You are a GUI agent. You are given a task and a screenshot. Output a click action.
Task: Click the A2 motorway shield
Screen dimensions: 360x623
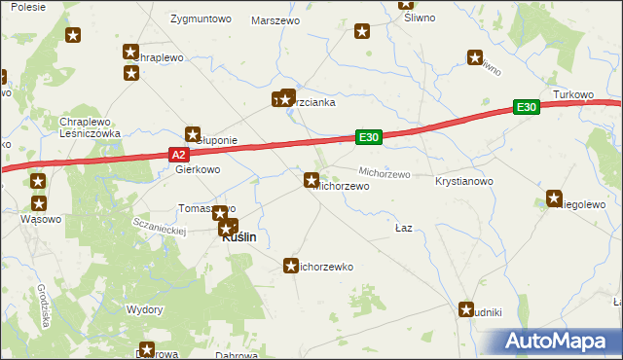[x=177, y=154]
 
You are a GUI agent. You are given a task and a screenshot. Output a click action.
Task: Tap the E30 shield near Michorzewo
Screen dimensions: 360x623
[x=368, y=138]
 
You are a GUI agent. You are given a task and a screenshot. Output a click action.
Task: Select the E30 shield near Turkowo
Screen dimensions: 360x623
[x=527, y=107]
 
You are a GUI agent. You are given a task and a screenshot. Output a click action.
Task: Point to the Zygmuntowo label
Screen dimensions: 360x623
[x=201, y=18]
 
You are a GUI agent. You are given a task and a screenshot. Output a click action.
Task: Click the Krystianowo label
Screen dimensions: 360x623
[x=465, y=182]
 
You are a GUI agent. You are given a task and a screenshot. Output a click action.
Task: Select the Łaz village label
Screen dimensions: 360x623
[x=404, y=228]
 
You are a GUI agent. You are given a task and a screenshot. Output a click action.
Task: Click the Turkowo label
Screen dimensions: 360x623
[x=573, y=94]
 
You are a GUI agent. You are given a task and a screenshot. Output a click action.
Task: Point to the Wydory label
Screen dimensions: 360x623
[x=144, y=308]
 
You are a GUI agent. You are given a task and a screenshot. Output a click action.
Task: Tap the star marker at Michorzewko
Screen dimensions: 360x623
[x=290, y=265]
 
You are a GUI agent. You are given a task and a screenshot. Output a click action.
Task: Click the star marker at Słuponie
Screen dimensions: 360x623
[x=193, y=134]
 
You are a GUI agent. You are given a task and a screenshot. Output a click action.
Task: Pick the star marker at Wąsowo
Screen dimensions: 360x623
[x=39, y=203]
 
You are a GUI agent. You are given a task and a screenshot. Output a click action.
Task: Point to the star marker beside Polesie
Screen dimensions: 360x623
[x=73, y=36]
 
